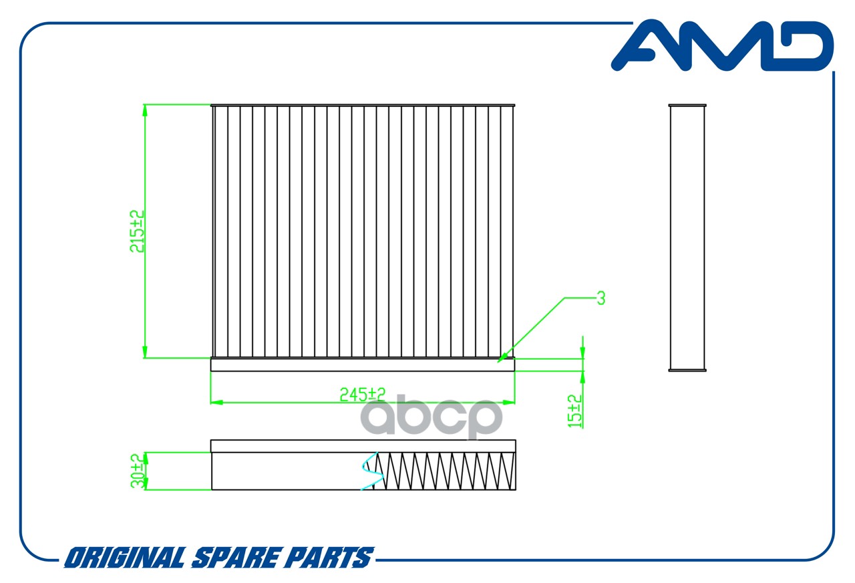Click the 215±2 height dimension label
point(137,231)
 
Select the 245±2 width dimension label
point(363,394)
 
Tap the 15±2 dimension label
point(575,411)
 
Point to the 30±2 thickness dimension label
point(138,471)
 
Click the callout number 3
point(601,298)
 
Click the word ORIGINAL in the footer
point(125,558)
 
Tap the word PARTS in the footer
point(327,558)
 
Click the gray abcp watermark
point(432,418)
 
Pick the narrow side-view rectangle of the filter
point(687,237)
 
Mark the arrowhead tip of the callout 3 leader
point(498,362)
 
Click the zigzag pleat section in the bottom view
point(445,471)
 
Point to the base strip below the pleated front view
point(363,364)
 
